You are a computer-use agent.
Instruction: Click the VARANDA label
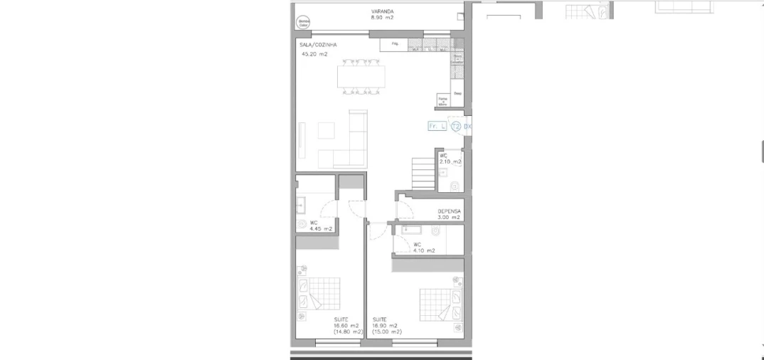click(382, 11)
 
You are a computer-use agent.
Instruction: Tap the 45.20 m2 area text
click(314, 53)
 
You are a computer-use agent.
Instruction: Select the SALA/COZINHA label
click(319, 44)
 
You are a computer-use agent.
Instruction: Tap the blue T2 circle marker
click(456, 127)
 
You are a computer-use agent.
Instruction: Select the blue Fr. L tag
click(437, 127)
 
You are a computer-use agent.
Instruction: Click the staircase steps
click(423, 174)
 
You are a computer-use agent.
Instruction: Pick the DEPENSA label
click(449, 211)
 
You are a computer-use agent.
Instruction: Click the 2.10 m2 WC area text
click(450, 162)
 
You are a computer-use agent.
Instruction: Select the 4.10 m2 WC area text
click(425, 250)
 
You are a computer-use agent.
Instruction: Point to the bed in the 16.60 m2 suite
click(318, 295)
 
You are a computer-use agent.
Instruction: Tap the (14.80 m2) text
click(348, 332)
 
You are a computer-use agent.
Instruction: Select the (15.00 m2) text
click(387, 332)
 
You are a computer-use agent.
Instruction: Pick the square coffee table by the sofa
click(327, 131)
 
